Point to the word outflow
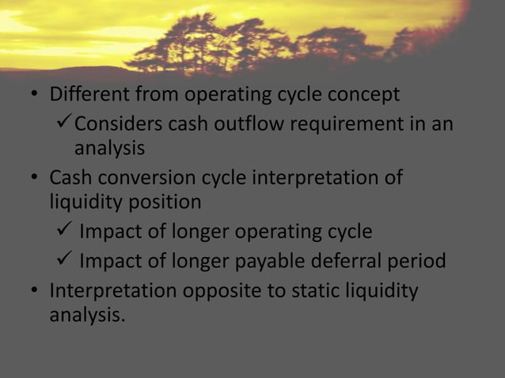point(248,124)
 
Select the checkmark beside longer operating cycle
point(64,232)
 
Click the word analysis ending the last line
point(86,315)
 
